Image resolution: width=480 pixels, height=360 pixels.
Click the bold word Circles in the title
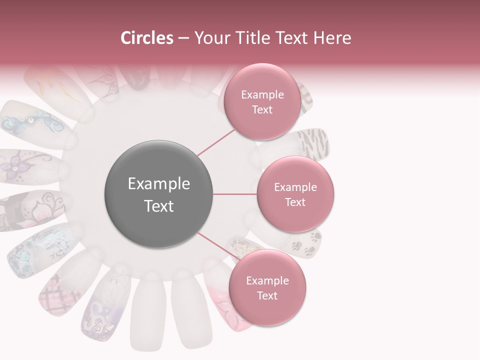(x=147, y=38)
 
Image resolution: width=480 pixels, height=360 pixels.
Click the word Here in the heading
(x=330, y=38)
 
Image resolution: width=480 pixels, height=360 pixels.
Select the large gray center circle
(x=158, y=194)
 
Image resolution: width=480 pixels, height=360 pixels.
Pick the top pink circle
(x=262, y=101)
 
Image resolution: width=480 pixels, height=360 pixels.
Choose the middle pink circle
(x=295, y=194)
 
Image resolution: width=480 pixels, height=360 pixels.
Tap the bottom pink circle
(x=267, y=288)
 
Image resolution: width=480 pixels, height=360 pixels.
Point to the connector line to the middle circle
(x=235, y=194)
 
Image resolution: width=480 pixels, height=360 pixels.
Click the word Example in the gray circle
(x=158, y=184)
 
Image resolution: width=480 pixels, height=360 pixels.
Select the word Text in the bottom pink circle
(x=267, y=295)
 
